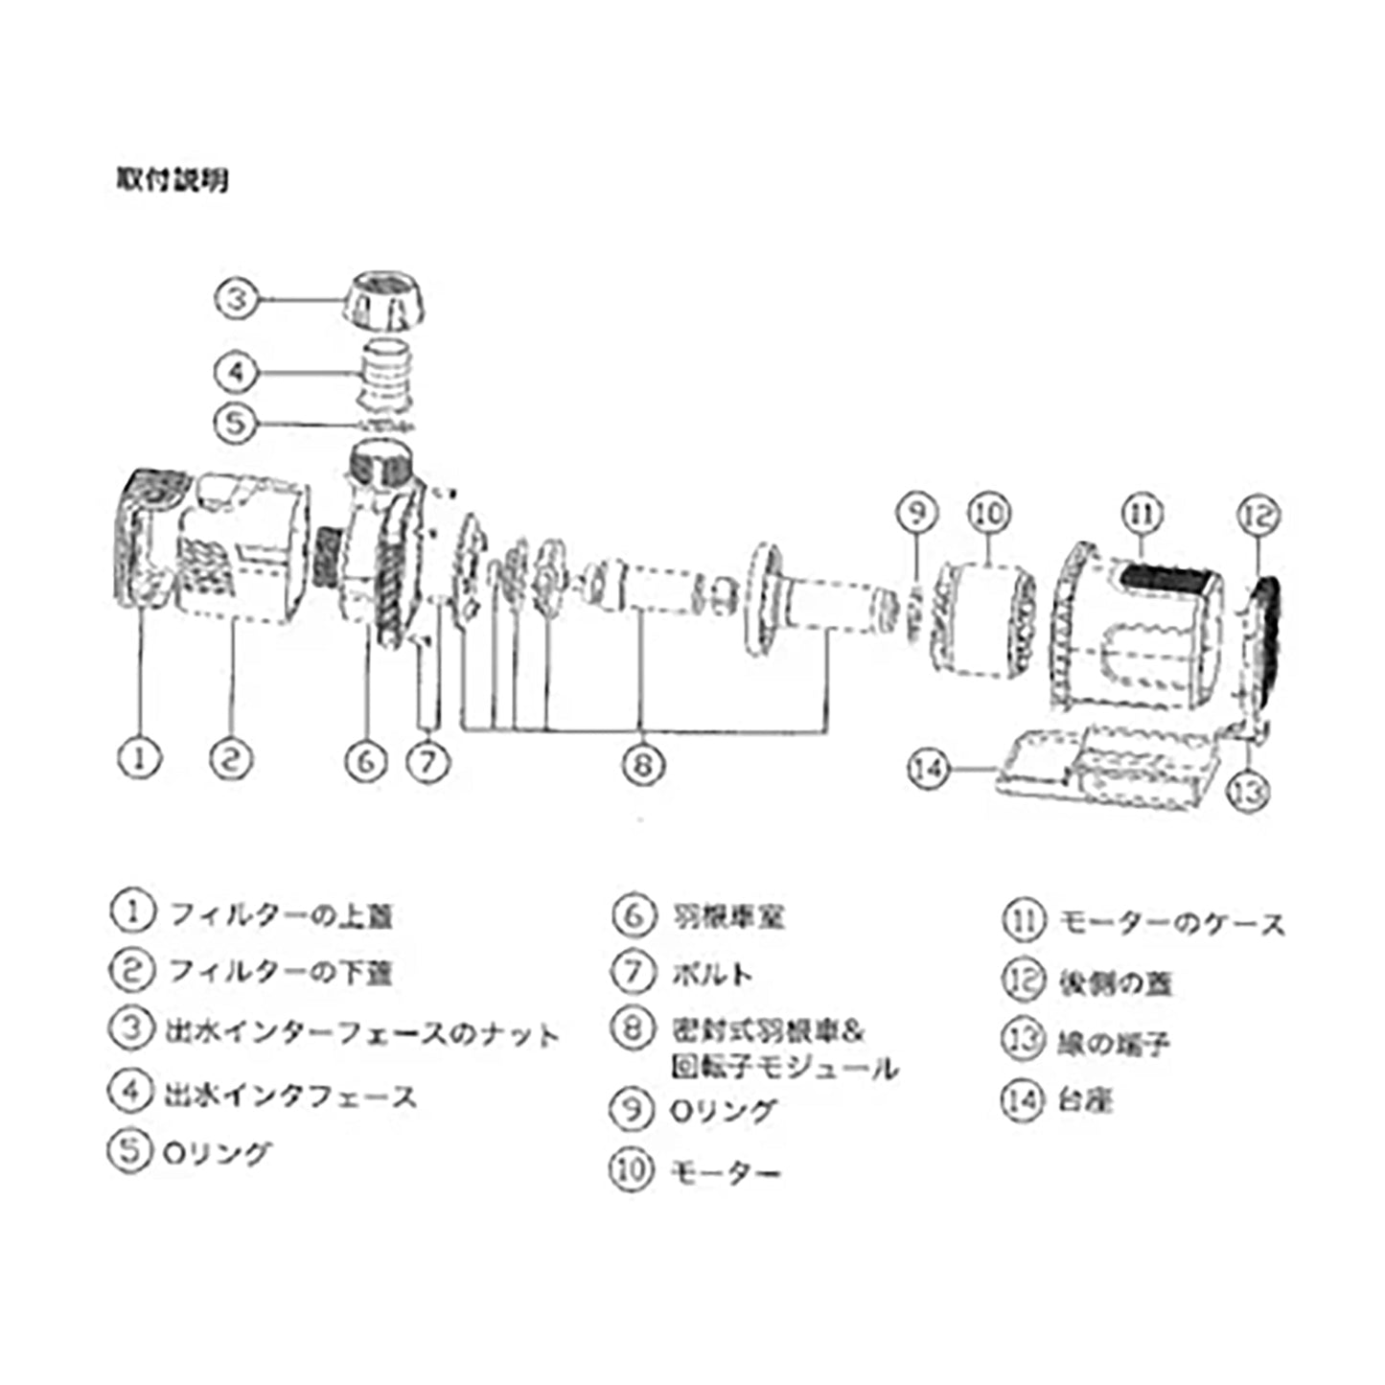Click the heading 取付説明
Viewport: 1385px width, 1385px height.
173,179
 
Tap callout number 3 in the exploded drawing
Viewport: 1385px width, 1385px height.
237,298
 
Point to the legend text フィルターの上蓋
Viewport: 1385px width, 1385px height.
281,915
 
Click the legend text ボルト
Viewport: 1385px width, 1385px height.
712,975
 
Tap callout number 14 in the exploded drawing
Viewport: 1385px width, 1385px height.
929,768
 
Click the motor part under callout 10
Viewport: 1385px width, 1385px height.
985,618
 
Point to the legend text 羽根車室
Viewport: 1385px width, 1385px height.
728,916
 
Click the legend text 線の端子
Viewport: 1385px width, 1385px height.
1113,1042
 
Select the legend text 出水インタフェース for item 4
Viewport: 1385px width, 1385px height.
290,1095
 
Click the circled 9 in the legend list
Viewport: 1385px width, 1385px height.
632,1110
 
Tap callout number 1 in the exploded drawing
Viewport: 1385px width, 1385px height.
140,758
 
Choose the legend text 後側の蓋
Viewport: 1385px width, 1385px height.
1115,983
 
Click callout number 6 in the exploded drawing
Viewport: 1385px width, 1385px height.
365,762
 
